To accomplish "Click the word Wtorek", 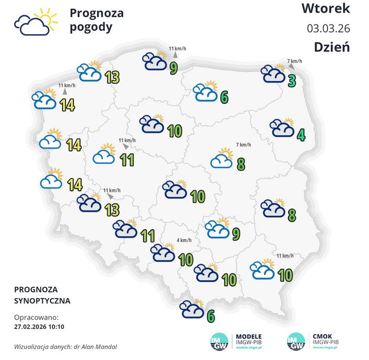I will click(x=325, y=9).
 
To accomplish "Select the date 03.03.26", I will click(x=328, y=28).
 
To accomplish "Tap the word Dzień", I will click(x=332, y=47).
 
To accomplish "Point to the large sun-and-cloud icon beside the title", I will click(x=35, y=22).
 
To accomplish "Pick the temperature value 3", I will click(x=291, y=81).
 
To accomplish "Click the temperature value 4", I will click(x=301, y=135).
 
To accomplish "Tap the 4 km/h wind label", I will click(x=184, y=240).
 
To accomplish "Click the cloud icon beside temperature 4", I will click(x=281, y=128).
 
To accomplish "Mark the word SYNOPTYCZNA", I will click(x=42, y=301).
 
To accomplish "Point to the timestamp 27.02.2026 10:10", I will click(x=39, y=326).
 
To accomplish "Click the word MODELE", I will click(x=249, y=336).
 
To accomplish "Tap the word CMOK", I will click(x=322, y=336).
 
